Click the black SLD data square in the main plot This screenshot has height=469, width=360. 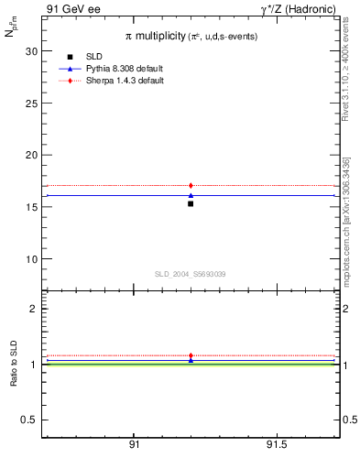(191, 203)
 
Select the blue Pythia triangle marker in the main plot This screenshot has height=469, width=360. (191, 195)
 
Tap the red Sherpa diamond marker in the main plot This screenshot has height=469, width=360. (191, 186)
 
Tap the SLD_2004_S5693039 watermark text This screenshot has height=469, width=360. (190, 274)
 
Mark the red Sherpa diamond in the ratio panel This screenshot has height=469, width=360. (191, 355)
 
